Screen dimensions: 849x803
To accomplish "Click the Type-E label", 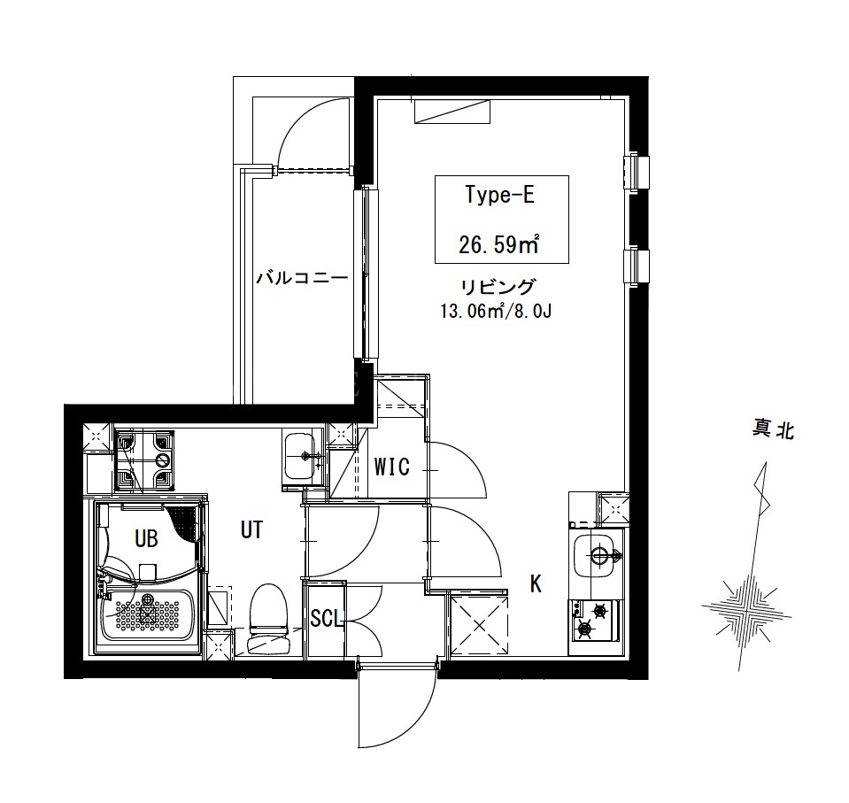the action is click(500, 195).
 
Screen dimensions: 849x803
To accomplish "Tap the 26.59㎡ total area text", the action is click(498, 245).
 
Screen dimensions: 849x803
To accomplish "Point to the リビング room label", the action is click(498, 286).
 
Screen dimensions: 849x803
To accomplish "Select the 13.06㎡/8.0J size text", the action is click(497, 312).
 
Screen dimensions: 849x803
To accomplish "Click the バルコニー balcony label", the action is click(302, 278).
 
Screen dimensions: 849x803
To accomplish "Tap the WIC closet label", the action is click(392, 467).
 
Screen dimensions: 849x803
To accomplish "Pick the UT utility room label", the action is click(251, 529).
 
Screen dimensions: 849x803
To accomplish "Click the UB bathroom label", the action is click(146, 538).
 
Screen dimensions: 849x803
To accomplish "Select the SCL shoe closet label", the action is click(327, 618).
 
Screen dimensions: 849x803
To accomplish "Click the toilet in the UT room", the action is click(268, 618).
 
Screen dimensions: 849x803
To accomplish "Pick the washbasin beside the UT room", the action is click(302, 457).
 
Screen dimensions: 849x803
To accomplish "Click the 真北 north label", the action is click(773, 430).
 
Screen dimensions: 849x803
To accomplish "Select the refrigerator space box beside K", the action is click(480, 624).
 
